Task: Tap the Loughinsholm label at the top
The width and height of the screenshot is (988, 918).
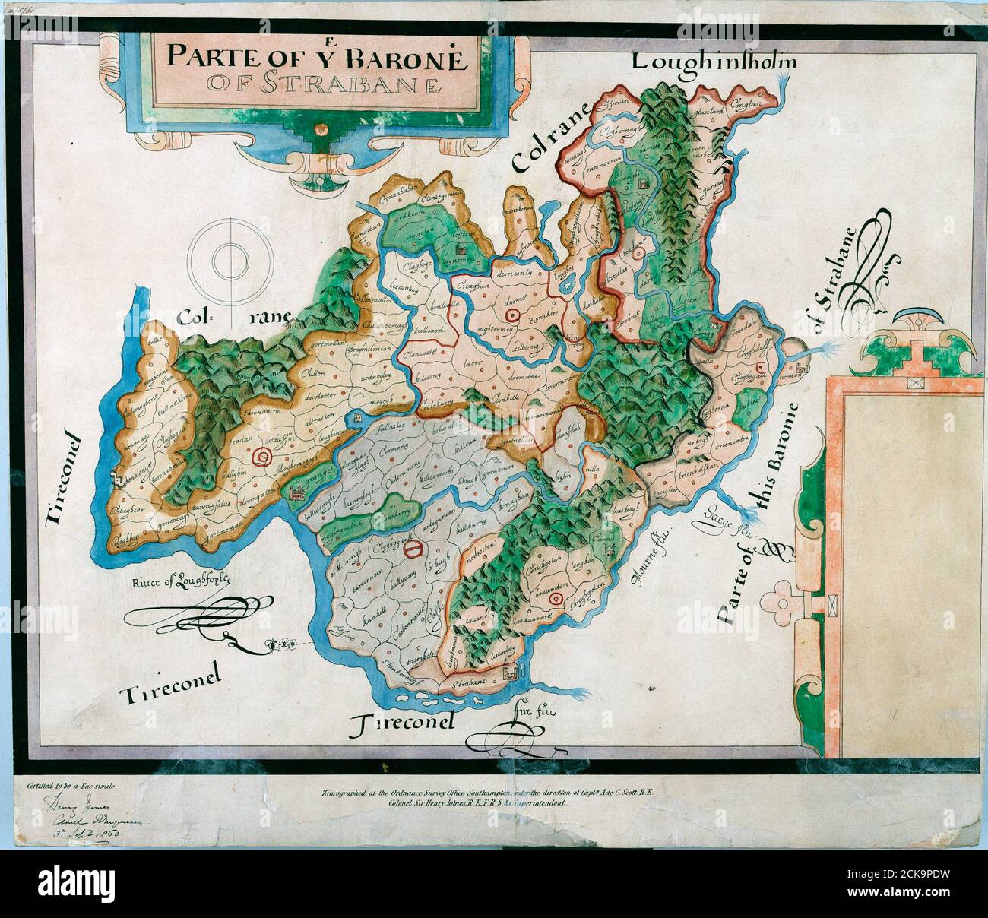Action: point(714,61)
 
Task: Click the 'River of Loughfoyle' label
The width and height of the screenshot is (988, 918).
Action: point(178,584)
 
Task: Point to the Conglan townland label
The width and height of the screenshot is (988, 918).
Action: point(748,109)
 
